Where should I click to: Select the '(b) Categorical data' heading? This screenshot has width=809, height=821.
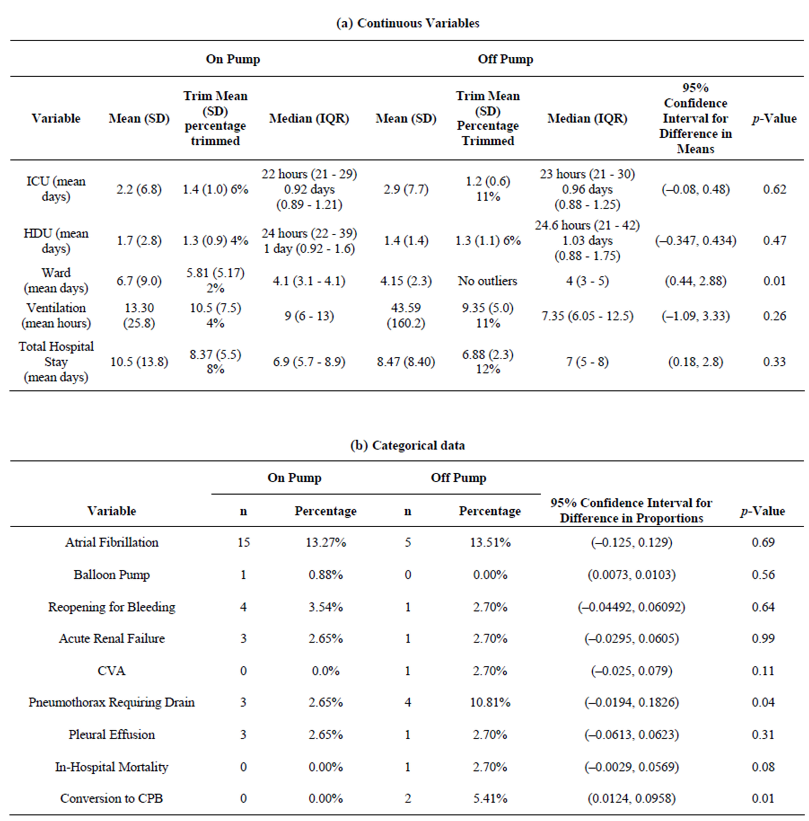click(x=408, y=445)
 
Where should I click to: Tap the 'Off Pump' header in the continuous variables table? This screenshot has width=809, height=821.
click(x=505, y=59)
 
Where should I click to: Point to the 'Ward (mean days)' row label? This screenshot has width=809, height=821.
click(x=56, y=280)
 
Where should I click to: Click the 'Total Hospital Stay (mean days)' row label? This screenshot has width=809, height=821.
click(x=56, y=362)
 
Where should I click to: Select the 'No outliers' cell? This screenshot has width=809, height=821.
click(x=488, y=281)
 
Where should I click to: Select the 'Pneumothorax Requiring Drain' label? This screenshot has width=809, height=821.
click(x=112, y=702)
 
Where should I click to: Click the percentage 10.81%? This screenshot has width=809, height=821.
click(x=490, y=702)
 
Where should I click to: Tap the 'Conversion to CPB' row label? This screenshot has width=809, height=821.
click(x=112, y=798)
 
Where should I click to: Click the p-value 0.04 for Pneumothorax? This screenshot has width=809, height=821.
click(x=763, y=702)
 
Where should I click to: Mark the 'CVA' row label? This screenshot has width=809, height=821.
click(x=112, y=671)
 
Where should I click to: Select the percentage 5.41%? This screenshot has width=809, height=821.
click(x=490, y=798)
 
